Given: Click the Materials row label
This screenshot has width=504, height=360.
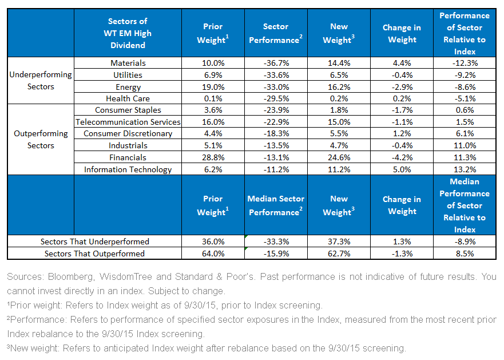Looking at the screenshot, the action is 128,63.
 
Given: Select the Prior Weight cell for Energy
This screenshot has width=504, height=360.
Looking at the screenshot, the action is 213,87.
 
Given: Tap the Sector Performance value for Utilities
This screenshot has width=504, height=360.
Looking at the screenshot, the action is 276,75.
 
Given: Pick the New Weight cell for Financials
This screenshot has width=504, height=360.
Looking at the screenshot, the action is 339,157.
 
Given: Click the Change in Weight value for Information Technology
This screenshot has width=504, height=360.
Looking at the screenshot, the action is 402,169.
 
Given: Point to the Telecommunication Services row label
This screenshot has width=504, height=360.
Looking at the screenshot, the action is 128,122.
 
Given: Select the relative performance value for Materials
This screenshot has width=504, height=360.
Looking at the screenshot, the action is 465,63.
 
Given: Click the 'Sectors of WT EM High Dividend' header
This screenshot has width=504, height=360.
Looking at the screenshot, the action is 128,33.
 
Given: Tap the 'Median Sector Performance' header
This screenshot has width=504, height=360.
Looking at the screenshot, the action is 276,205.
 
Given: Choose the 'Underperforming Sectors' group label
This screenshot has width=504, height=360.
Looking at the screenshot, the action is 41,81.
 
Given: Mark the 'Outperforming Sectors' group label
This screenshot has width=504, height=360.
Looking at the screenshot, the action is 41,139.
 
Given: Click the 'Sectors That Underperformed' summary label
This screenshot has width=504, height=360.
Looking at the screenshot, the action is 95,242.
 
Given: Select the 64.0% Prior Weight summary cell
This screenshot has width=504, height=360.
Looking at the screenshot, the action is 213,254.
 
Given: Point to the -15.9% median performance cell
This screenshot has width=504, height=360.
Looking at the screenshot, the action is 276,254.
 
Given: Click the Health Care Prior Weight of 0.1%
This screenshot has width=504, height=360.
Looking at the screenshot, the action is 213,98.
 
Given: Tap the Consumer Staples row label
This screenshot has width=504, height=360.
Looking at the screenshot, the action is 128,110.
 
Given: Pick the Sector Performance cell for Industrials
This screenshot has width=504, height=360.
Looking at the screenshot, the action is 276,145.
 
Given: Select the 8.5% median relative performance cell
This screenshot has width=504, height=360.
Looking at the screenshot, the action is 465,254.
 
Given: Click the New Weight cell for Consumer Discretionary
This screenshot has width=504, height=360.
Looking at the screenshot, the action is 339,133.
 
